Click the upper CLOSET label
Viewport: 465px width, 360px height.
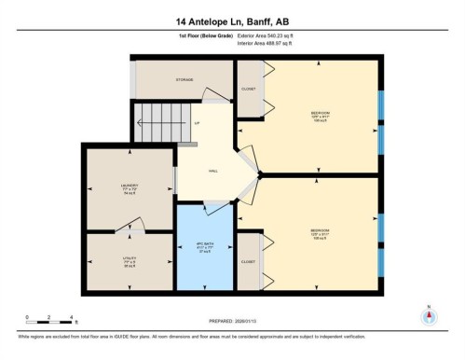248,89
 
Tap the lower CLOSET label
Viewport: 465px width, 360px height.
248,262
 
